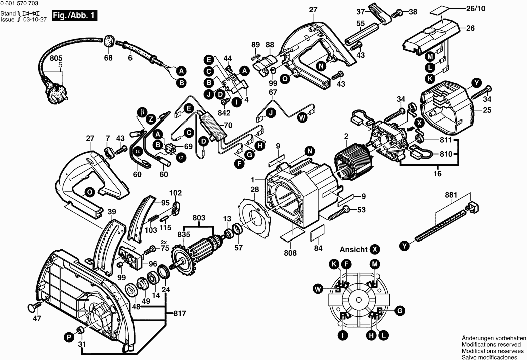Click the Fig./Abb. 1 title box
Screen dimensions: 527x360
[x=74, y=16]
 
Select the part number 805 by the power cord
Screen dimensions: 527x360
[x=56, y=58]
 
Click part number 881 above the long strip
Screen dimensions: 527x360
[x=451, y=195]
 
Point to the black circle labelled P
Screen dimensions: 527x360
[x=69, y=337]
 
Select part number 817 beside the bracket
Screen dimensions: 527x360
[x=181, y=314]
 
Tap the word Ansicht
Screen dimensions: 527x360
[x=353, y=250]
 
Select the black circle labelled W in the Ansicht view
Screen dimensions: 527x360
[x=318, y=288]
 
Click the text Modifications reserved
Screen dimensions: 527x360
[x=491, y=345]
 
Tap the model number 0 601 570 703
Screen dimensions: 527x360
[x=19, y=4]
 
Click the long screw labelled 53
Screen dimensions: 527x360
[x=338, y=213]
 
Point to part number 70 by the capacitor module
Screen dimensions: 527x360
[x=228, y=126]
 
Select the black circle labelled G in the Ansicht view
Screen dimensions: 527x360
[x=400, y=311]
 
